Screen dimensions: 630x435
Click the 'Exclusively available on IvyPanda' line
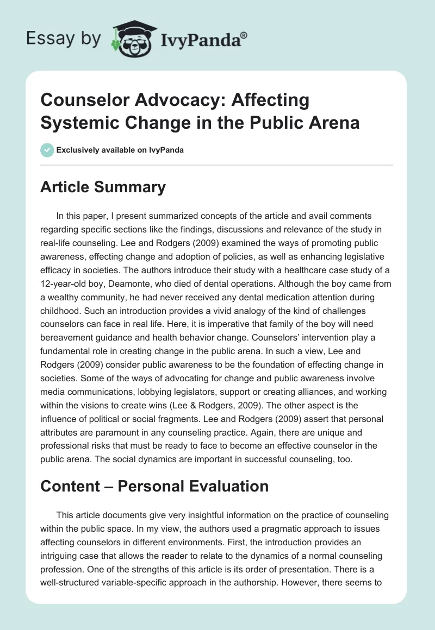(120, 150)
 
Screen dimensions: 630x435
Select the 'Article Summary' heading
(103, 187)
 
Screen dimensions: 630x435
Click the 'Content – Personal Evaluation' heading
(154, 486)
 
